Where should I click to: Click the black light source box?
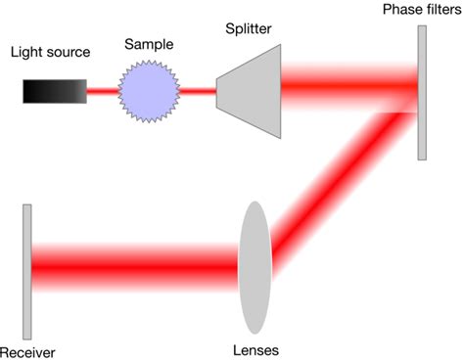53,92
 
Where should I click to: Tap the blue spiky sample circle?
150,92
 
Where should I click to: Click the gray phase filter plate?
422,92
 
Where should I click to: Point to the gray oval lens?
254,265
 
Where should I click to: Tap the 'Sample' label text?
149,45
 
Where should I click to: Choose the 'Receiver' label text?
27,350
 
